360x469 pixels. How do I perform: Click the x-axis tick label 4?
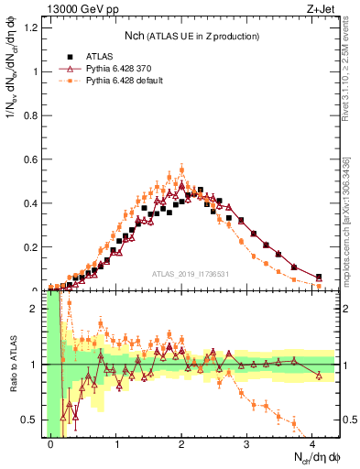coord(313,442)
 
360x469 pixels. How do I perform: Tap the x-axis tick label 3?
coord(247,442)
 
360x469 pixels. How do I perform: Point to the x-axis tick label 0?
coord(50,442)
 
